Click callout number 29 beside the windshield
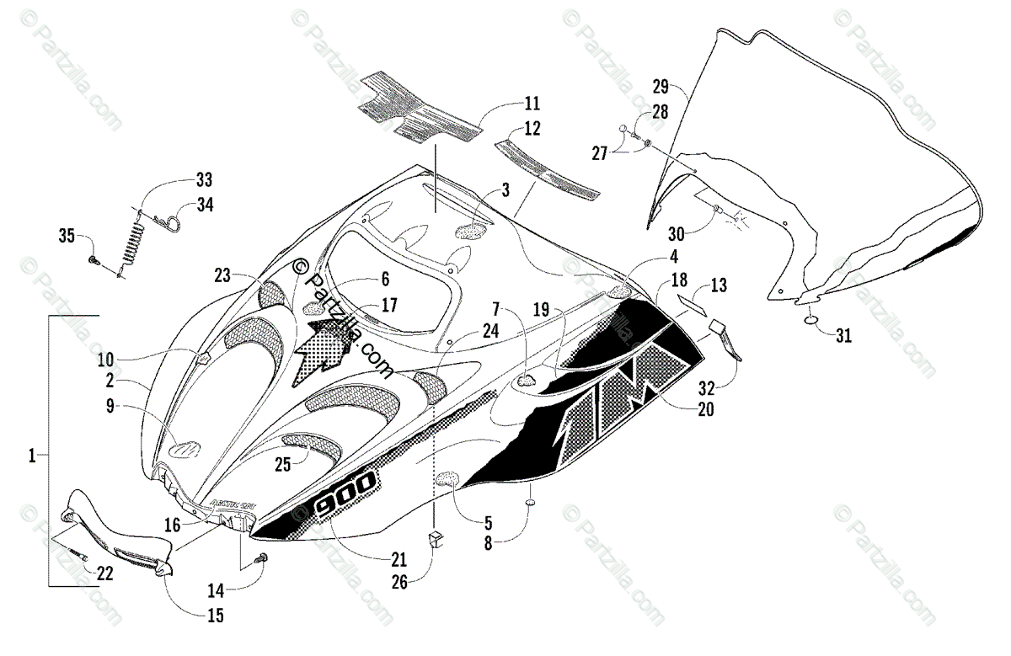(661, 85)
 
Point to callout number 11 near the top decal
(532, 104)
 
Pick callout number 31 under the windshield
(843, 336)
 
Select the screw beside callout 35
(93, 263)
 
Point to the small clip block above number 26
(436, 538)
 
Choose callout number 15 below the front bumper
(216, 616)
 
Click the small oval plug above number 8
(531, 504)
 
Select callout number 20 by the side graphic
(705, 409)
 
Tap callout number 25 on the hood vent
(281, 462)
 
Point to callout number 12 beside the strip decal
(532, 128)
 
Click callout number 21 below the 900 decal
(399, 557)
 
